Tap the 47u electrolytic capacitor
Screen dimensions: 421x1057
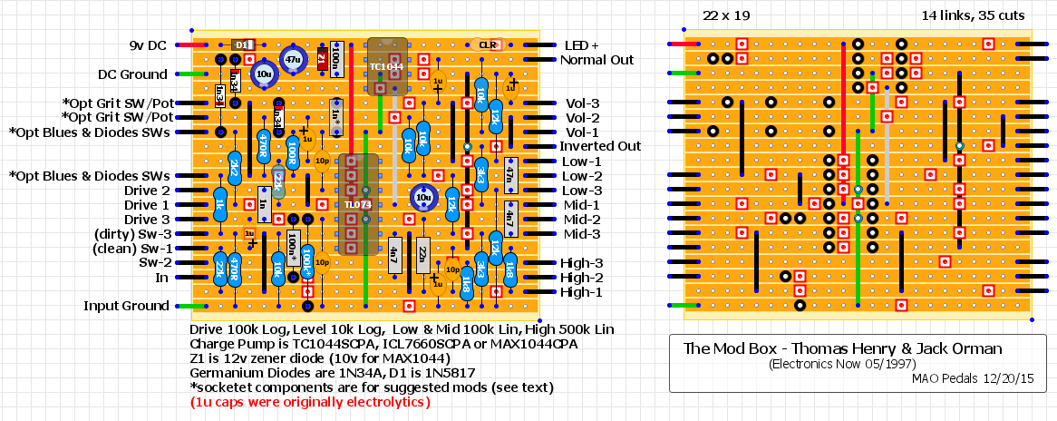pos(292,59)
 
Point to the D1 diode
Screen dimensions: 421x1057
pos(242,44)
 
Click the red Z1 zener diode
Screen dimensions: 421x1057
pos(322,60)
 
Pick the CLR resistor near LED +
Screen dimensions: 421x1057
pos(487,44)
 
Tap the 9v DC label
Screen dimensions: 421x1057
pos(148,45)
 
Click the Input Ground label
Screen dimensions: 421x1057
pos(126,307)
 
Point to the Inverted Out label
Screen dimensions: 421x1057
pos(600,146)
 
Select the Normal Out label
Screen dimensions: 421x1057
pos(596,60)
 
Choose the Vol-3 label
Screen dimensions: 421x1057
pos(582,103)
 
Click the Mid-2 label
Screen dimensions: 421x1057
pos(582,220)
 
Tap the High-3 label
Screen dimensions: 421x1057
pos(582,263)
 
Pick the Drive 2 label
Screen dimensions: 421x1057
pos(147,191)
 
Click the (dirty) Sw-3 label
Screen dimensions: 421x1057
pos(131,234)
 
